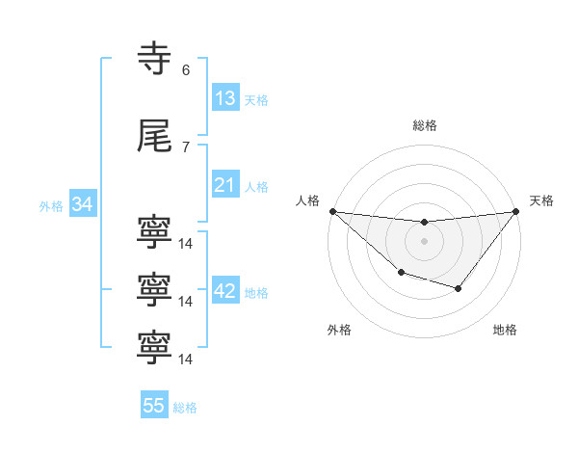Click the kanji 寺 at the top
tap(154, 58)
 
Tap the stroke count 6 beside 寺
tap(186, 69)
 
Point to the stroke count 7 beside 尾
tap(186, 147)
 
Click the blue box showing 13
tap(225, 98)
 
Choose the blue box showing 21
tap(225, 185)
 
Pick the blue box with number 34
tap(82, 204)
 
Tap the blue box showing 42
tap(225, 292)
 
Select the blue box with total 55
tap(154, 406)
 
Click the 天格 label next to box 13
tap(256, 99)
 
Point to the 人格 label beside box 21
tap(256, 186)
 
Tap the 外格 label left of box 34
tap(51, 205)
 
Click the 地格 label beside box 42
tap(256, 293)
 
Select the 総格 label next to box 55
tap(185, 407)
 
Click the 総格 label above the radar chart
tap(424, 125)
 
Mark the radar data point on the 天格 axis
tap(516, 211)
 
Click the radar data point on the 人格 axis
tap(332, 211)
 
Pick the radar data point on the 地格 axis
tap(459, 288)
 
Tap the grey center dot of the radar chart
tap(424, 241)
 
